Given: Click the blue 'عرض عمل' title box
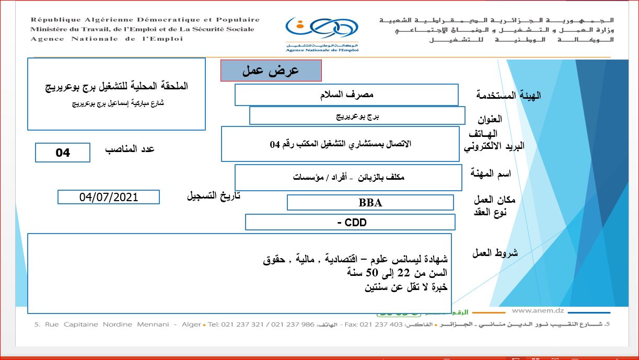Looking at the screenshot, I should pos(271,71).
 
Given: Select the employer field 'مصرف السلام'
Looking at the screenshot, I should pos(346,95).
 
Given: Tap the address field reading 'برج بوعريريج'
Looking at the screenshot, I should pos(357,116).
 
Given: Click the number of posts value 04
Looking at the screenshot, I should pos(63,153).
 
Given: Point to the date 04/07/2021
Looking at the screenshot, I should pos(109,197).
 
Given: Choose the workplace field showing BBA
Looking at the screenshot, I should pos(370,203).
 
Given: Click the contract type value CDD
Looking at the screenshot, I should pos(350,223).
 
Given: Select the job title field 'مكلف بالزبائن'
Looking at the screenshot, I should pos(348,177).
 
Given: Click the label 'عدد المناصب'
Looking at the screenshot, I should pos(130,149).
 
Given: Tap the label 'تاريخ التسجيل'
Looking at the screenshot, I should pos(214,196).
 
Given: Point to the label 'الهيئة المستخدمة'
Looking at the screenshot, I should pos(508,95).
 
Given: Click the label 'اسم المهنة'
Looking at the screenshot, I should pos(491,173).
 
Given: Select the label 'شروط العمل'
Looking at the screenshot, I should pos(495,253).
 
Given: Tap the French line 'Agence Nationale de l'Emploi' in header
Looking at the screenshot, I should pos(107,39).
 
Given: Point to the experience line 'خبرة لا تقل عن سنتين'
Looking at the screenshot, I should pos(406,286).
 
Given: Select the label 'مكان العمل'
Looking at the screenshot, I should pos(494,200).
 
